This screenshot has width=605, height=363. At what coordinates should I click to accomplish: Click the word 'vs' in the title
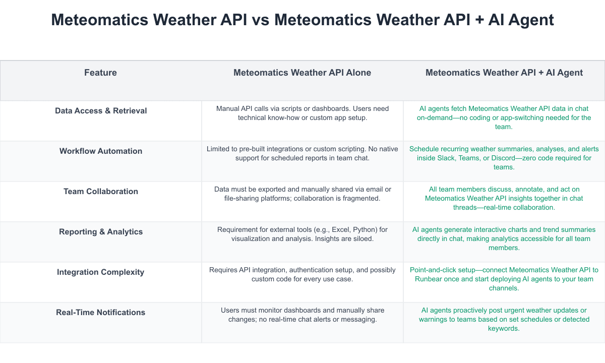tap(261, 20)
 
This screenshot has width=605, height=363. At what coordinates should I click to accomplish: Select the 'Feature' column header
tap(100, 73)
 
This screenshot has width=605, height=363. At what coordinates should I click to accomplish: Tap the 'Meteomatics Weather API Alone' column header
tap(302, 73)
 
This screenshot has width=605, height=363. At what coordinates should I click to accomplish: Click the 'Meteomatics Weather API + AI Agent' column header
tap(504, 73)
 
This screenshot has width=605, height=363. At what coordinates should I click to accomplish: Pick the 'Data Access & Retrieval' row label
tap(101, 111)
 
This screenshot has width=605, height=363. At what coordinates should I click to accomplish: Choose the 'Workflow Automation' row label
tap(101, 151)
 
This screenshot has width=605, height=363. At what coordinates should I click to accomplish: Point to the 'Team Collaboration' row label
tap(101, 191)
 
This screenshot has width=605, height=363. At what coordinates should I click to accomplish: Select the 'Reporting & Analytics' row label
tap(101, 232)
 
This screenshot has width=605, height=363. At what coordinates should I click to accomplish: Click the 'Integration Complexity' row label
tap(100, 272)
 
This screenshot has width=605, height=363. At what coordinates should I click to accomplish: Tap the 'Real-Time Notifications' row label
tap(100, 312)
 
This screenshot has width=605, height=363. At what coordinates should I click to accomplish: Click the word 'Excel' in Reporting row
tap(340, 229)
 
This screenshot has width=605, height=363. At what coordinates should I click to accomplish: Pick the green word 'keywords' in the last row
tap(504, 329)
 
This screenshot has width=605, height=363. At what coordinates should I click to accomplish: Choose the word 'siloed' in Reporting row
tap(362, 239)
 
